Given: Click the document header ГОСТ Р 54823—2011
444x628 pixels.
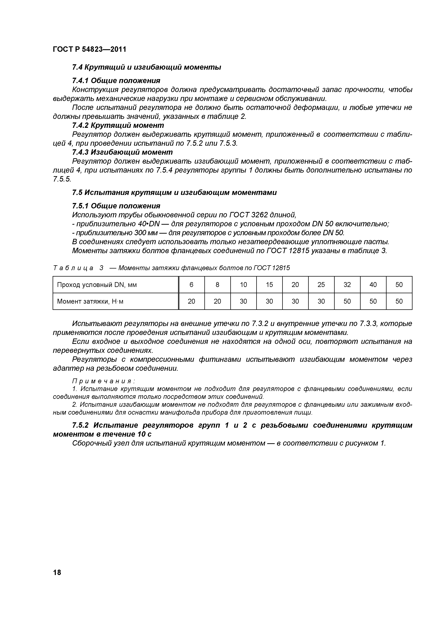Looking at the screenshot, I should pos(89,50).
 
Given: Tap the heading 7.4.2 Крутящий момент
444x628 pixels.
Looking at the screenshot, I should pos(118,125).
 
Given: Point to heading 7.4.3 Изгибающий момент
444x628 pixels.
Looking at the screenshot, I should pos(122,152).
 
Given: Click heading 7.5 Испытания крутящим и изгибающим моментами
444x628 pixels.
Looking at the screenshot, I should pos(174,193).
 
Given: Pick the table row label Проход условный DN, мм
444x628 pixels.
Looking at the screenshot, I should pos(97,285).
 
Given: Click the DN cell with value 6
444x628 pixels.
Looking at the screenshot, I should pos(191,285).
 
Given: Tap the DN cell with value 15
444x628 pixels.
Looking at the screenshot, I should pos(269,285).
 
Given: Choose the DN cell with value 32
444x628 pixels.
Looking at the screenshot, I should pos(347,285).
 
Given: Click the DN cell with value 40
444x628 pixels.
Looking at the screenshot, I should pos(373,285).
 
